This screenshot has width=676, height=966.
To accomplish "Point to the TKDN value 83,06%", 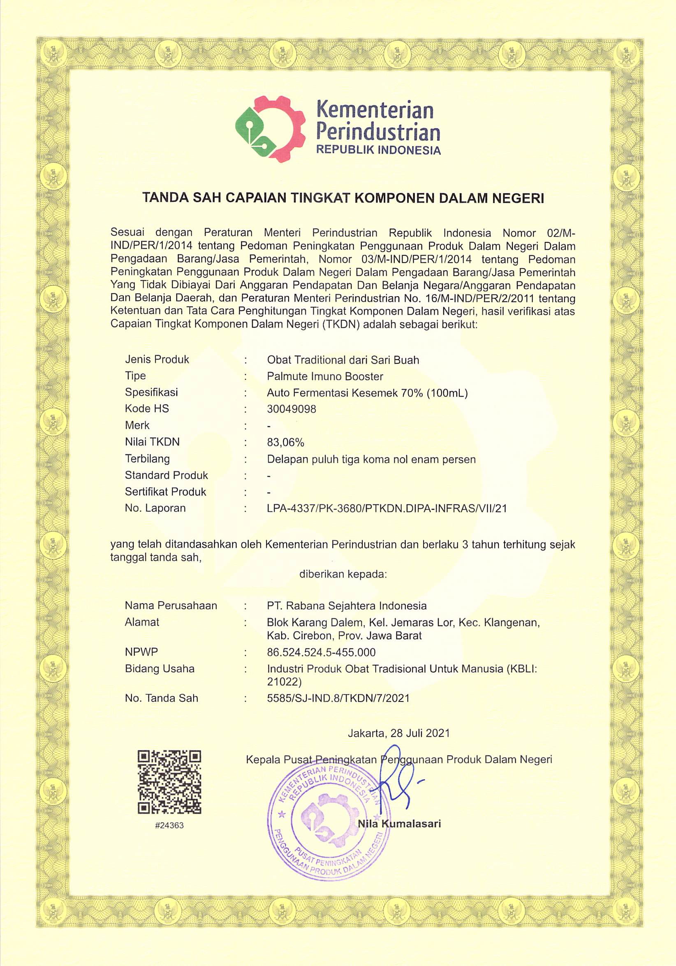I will (x=285, y=442).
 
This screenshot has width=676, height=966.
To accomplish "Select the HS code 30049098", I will (x=292, y=409).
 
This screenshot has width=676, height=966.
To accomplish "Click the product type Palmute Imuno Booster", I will (x=325, y=376).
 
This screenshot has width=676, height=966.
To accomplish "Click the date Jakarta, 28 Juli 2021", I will (x=398, y=733).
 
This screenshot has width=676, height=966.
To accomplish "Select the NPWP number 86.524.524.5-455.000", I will (x=321, y=652).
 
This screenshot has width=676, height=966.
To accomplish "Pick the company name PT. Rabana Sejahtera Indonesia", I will (x=346, y=606).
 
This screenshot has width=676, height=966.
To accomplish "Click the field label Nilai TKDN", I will (x=152, y=442).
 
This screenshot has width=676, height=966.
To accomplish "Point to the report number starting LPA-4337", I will (x=387, y=508).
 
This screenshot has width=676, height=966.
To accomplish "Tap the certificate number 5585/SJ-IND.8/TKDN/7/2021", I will (x=338, y=698).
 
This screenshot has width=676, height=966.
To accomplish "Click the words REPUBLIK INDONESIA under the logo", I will (x=378, y=150).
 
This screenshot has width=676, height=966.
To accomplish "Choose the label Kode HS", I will (x=147, y=409).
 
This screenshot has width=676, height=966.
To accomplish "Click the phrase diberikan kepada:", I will (x=343, y=574).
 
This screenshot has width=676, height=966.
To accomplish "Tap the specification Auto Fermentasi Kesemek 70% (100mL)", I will (x=367, y=392).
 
